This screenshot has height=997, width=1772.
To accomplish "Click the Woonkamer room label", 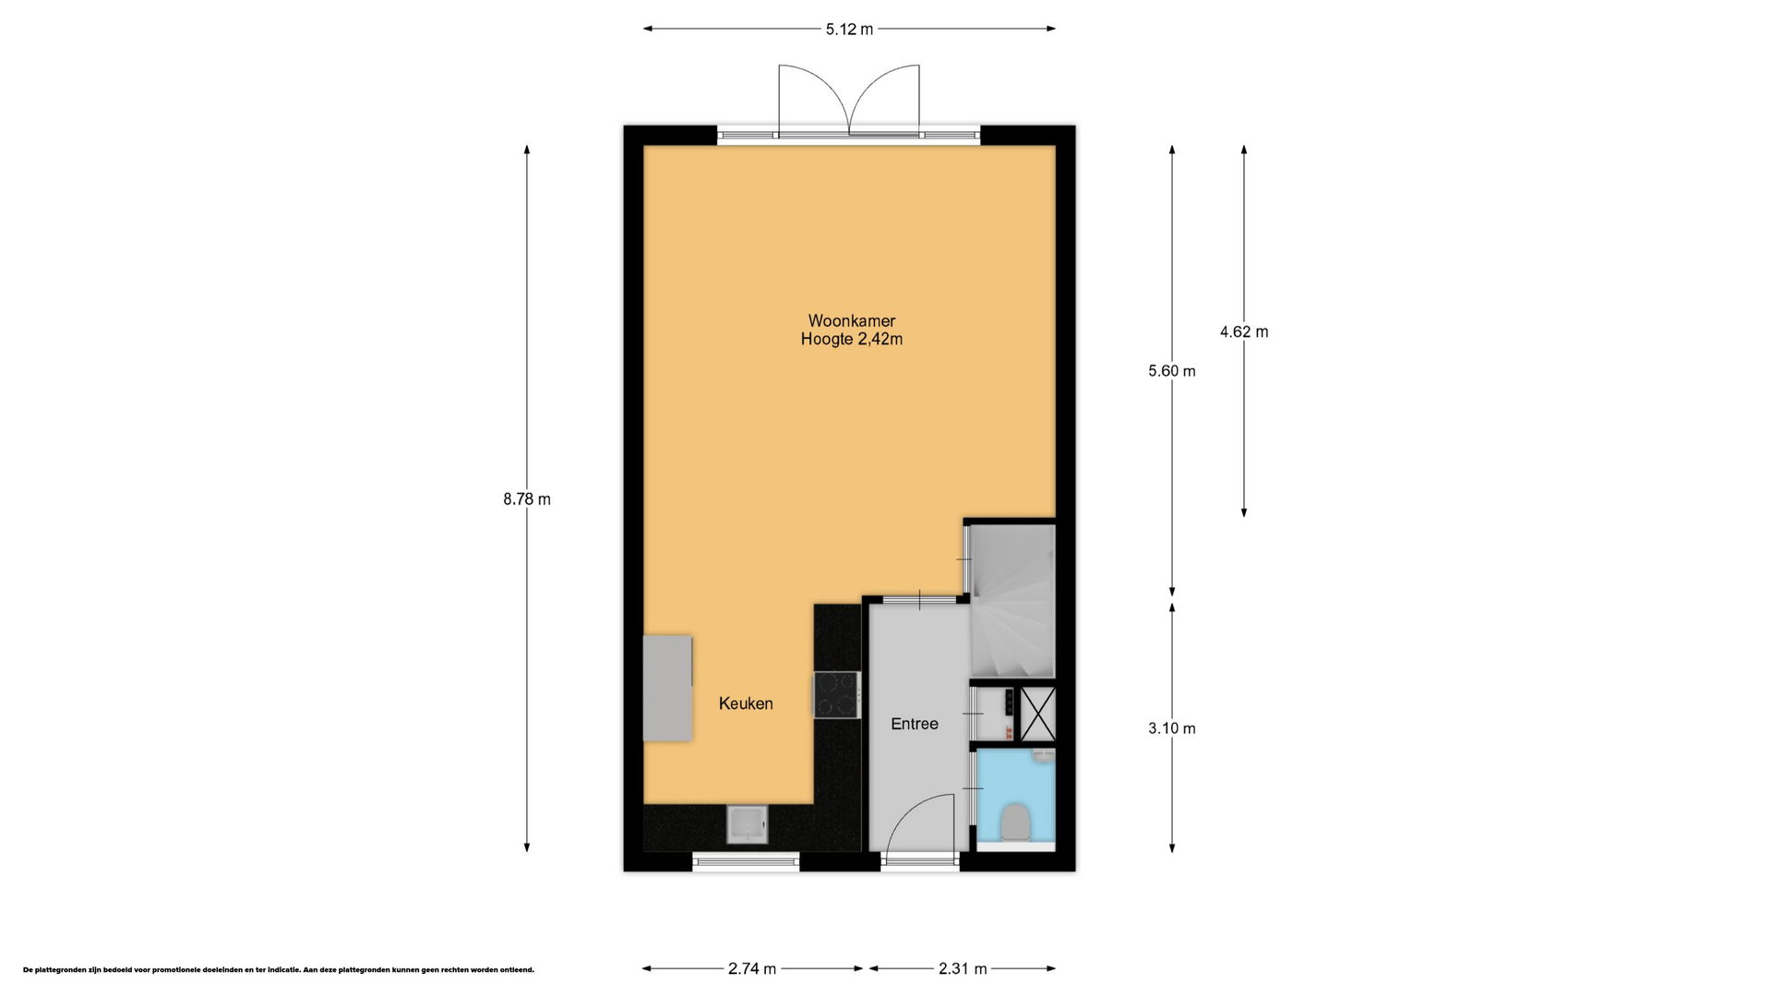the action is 851,321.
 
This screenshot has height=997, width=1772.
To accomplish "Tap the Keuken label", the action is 746,703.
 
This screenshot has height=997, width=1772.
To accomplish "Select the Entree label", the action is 915,724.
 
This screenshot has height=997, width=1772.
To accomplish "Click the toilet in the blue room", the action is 1015,821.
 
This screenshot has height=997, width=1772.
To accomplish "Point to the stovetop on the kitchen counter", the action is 836,694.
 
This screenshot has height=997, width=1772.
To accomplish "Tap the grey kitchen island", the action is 667,688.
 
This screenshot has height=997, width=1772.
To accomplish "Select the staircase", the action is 1012,601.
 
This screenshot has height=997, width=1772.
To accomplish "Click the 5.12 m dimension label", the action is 849,30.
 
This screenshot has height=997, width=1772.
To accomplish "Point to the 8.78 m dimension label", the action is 527,499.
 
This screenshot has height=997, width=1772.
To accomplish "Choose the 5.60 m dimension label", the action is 1172,371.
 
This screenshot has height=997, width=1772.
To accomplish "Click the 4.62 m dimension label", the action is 1244,331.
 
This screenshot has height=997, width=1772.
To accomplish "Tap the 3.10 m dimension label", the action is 1172,728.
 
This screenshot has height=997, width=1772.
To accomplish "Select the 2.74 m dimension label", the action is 752,968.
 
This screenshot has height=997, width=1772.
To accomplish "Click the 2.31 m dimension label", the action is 963,968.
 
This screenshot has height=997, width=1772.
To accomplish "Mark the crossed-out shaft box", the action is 1036,713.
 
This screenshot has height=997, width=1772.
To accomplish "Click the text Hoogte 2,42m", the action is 851,340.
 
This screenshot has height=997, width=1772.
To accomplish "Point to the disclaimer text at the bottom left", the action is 279,970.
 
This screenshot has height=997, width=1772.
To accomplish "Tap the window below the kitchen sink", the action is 746,862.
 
